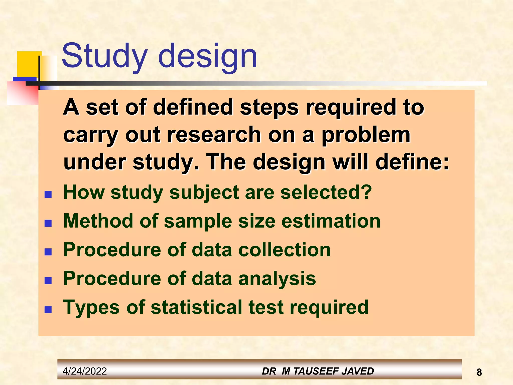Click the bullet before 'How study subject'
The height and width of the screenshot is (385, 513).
point(48,194)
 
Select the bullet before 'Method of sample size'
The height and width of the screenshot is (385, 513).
point(48,223)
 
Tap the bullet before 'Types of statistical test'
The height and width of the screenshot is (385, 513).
point(48,309)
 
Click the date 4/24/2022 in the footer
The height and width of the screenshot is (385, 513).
point(85,371)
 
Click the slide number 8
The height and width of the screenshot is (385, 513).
point(479,372)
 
